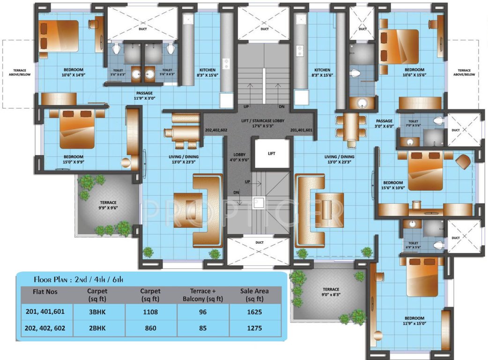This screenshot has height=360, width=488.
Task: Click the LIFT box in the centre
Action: point(271,154)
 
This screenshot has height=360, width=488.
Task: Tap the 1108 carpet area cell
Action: point(150,312)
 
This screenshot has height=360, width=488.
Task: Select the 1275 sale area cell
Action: point(255,328)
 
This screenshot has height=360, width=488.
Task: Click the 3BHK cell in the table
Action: point(97,312)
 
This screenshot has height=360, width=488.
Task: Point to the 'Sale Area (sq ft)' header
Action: point(254,295)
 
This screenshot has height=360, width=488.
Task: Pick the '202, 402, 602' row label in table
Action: point(45,328)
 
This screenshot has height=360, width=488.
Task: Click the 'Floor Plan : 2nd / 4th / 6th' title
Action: point(78,279)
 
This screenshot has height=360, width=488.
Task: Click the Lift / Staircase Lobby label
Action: point(263,123)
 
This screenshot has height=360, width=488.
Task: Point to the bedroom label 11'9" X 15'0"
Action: point(414,321)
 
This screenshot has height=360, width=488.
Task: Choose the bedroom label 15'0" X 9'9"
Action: point(74,159)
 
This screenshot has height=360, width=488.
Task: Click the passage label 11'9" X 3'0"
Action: point(144,95)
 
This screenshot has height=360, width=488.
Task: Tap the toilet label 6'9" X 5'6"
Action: point(414,245)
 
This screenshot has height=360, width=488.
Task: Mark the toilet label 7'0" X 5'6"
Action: point(414,123)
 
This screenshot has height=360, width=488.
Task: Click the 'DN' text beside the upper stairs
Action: point(281,107)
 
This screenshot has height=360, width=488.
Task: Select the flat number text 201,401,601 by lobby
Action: point(301,130)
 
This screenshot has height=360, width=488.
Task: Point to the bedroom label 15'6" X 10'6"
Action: point(393,185)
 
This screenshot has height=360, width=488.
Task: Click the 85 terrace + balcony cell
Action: point(203,328)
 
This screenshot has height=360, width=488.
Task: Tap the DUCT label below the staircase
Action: point(259,242)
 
